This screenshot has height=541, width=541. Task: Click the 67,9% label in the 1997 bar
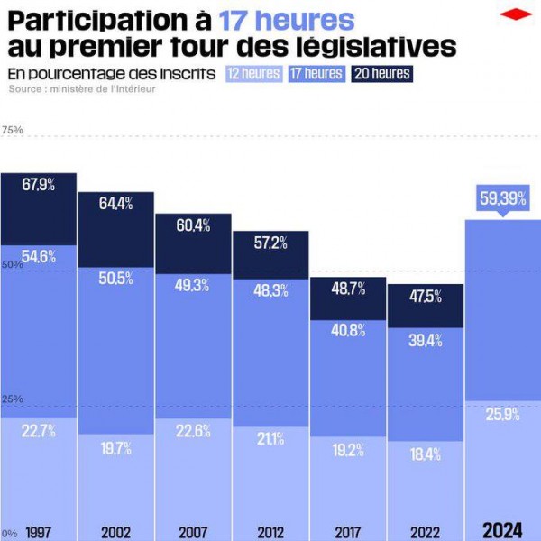pos(39,185)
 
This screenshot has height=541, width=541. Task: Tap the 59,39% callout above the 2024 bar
pos(502,198)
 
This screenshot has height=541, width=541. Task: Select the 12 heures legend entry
pos(253,74)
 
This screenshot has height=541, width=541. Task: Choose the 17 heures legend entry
pos(316,74)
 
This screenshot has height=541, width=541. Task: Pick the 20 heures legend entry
pos(381,74)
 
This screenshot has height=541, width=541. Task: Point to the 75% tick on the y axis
pos(13,131)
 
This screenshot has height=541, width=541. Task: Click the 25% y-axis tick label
pos(13,399)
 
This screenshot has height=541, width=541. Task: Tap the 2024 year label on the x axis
pos(502,530)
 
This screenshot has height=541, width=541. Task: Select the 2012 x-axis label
pos(270,532)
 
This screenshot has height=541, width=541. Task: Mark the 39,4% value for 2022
pos(426,340)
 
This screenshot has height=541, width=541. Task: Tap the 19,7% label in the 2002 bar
pos(116,448)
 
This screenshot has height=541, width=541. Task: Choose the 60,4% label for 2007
pos(193,225)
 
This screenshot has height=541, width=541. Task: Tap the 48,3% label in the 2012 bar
pos(270,291)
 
